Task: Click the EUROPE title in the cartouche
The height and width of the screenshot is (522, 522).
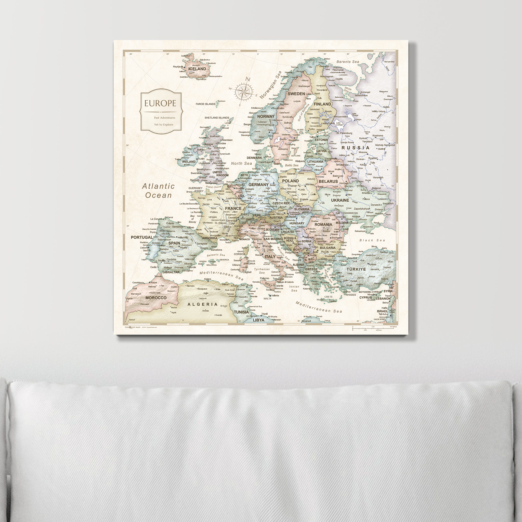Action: [x=160, y=103]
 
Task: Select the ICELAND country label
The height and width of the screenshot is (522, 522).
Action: [x=197, y=69]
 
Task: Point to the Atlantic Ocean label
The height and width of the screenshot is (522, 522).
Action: [x=158, y=191]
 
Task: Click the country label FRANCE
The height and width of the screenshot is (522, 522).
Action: [x=233, y=208]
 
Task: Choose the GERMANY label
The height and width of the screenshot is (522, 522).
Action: [x=258, y=185]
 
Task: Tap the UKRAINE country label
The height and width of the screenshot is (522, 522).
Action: [x=340, y=200]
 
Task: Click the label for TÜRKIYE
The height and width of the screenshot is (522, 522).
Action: [x=356, y=269]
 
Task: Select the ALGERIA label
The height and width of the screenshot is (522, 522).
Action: [x=202, y=304]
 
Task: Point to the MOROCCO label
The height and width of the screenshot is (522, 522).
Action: [x=156, y=298]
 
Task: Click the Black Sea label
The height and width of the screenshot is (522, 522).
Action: [x=372, y=240]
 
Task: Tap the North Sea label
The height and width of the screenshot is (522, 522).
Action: [x=241, y=163]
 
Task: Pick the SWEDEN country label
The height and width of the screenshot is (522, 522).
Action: [x=296, y=94]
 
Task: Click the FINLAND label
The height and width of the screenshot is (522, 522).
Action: [x=322, y=104]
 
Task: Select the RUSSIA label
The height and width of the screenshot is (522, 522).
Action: [x=355, y=148]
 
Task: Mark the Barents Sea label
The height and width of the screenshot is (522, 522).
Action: [x=347, y=62]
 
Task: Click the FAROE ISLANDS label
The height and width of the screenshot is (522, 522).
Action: [x=206, y=104]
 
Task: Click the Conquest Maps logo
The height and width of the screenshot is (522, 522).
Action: [x=133, y=327]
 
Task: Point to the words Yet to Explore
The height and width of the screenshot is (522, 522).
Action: [x=163, y=125]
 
